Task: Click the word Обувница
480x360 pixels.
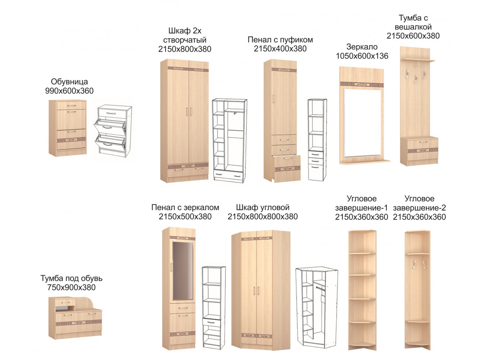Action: coord(69,82)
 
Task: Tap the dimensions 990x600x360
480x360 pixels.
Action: coord(69,91)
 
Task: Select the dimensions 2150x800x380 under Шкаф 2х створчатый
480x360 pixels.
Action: coord(184,49)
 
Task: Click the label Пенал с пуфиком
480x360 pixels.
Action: coord(280,40)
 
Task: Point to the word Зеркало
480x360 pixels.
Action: coord(362,47)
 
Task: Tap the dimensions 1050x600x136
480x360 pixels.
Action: coord(362,56)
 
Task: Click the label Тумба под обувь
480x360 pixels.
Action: coord(71,278)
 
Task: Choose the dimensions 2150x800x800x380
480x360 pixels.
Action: coord(263,217)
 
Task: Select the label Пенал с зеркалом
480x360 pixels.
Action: coord(185,208)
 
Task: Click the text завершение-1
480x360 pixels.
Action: coord(362,208)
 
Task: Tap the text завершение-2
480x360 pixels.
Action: coord(419,208)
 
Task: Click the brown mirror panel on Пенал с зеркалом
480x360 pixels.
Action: coord(183,270)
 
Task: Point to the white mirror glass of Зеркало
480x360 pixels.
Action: coord(362,123)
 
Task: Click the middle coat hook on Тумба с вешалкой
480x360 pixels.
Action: coord(416,79)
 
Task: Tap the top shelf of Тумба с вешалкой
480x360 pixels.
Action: coord(419,60)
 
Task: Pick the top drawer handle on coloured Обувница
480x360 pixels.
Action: coord(71,106)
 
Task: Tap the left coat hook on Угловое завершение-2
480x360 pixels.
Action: coord(414,264)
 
